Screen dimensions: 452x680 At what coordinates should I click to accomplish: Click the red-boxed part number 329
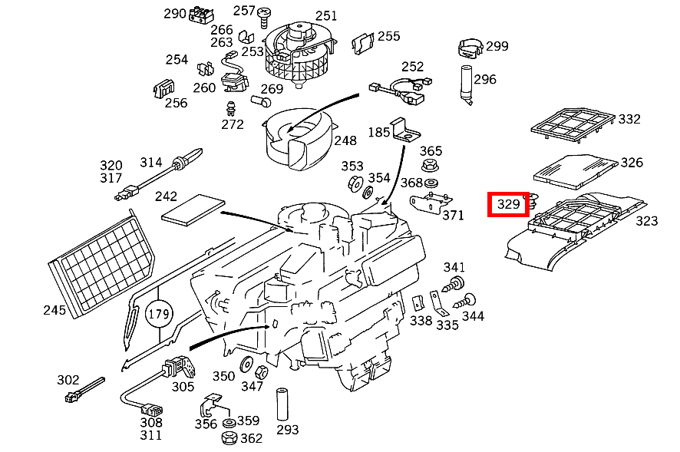509,204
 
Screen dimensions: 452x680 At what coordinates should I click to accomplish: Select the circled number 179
158,314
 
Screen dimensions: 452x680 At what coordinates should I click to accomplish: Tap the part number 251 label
325,15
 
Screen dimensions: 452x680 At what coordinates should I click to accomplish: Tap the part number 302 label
68,380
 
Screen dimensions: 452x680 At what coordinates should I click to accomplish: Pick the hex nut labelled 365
430,166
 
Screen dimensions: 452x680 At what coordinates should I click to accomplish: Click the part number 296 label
484,79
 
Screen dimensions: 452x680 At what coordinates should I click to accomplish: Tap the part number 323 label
646,221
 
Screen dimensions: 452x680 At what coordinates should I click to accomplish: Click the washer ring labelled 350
247,364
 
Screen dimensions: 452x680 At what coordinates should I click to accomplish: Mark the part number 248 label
345,140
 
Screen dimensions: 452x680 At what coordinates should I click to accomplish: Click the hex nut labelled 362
228,439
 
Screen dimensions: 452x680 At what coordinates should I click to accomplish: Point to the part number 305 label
183,387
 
